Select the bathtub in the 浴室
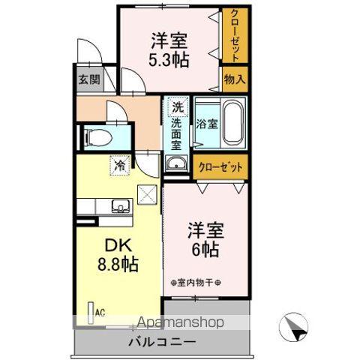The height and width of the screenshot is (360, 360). [230, 123]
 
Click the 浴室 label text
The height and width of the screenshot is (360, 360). [206, 124]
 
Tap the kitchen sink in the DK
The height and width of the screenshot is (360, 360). [118, 206]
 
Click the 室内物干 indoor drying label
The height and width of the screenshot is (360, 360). [193, 282]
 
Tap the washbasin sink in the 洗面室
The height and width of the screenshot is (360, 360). [177, 164]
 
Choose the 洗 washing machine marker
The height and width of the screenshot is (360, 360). [177, 106]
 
